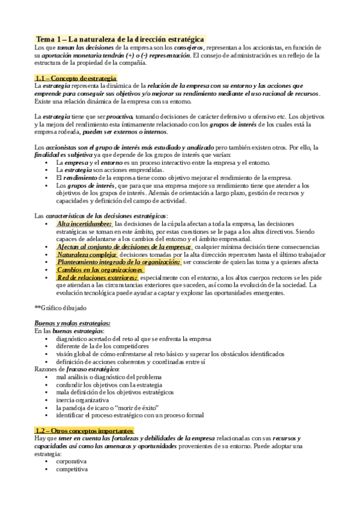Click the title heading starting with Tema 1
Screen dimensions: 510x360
[x=120, y=38]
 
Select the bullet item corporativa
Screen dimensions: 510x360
[x=72, y=461]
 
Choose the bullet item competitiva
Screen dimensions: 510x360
[x=72, y=469]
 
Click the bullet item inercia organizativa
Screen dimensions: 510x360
[x=83, y=399]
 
